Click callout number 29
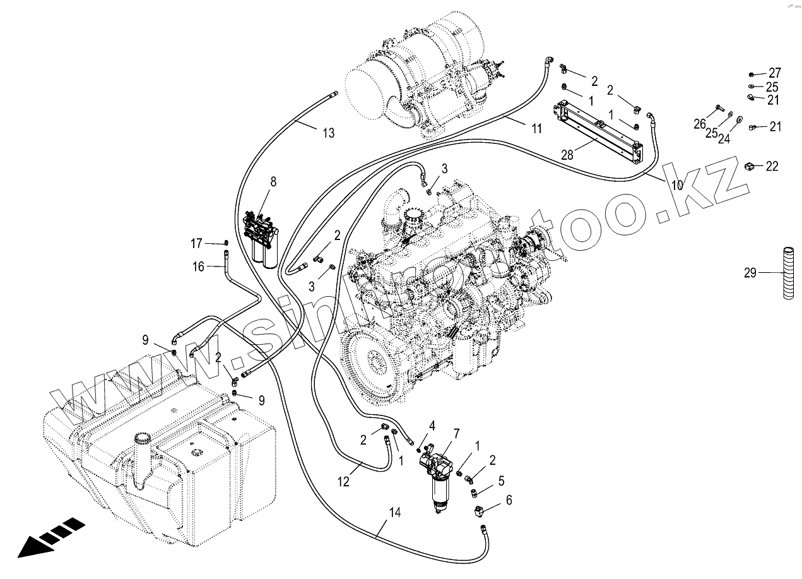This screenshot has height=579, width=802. pos(750,273)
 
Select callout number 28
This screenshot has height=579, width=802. pos(567,154)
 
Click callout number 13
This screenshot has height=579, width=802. pos(328,133)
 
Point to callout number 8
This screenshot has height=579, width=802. pos(273,182)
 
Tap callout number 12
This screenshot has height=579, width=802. pos(343,482)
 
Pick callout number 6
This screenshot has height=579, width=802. pos(509,500)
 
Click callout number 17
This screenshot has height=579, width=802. pos(197,242)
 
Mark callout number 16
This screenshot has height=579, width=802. pos(198,266)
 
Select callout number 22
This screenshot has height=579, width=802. pos(772,167)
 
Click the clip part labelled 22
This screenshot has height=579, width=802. pos(750,166)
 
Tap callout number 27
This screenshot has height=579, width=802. pos(774,72)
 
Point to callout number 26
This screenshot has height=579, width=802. pos(700,124)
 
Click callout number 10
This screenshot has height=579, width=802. pos(677,185)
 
